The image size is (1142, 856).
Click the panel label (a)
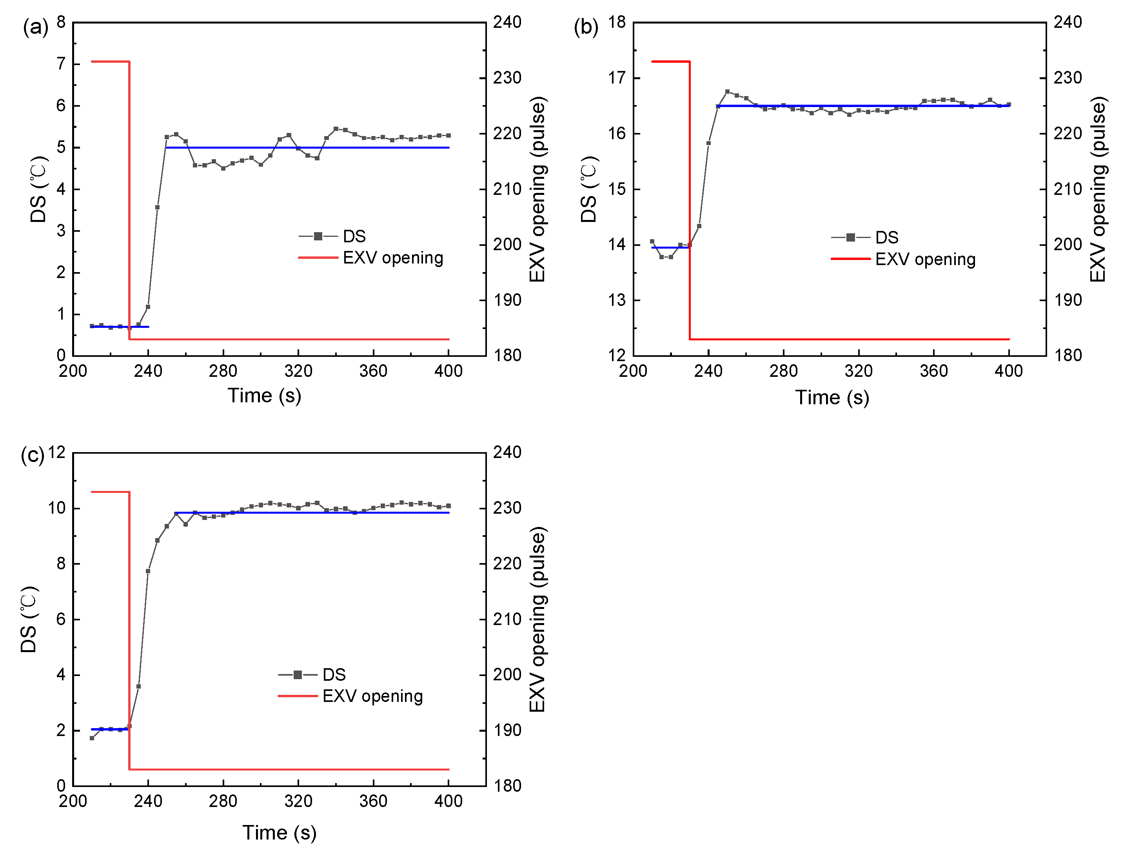pyautogui.click(x=35, y=27)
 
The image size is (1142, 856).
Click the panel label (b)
pyautogui.click(x=586, y=27)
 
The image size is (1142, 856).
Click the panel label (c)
pyautogui.click(x=32, y=455)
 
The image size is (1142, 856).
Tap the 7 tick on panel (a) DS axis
pyautogui.click(x=61, y=64)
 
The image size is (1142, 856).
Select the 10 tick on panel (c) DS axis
pyautogui.click(x=56, y=508)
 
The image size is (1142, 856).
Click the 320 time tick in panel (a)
pyautogui.click(x=298, y=371)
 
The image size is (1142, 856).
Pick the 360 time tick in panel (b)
pyautogui.click(x=933, y=371)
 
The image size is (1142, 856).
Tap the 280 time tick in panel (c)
pyautogui.click(x=223, y=801)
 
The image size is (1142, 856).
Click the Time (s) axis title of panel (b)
pyautogui.click(x=832, y=398)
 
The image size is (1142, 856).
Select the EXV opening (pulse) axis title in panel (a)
pyautogui.click(x=537, y=189)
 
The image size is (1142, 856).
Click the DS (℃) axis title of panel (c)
pyautogui.click(x=29, y=619)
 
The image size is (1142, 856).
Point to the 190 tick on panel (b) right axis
pyautogui.click(x=1067, y=300)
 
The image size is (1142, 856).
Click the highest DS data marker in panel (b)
pyautogui.click(x=728, y=91)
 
